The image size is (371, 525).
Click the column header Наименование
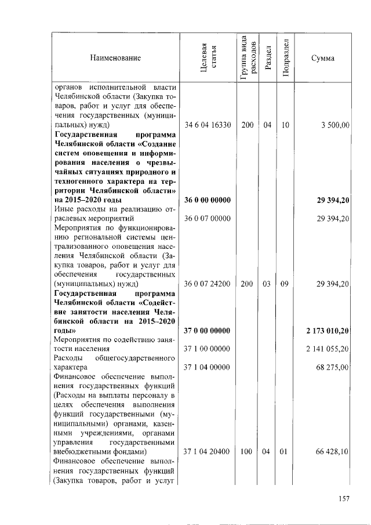coord(115,58)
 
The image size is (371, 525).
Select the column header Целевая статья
coord(208,58)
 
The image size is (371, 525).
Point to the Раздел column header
coord(267,58)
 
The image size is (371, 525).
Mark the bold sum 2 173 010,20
coord(328,331)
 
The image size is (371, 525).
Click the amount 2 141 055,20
coord(329,349)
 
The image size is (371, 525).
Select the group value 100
coord(248,451)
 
